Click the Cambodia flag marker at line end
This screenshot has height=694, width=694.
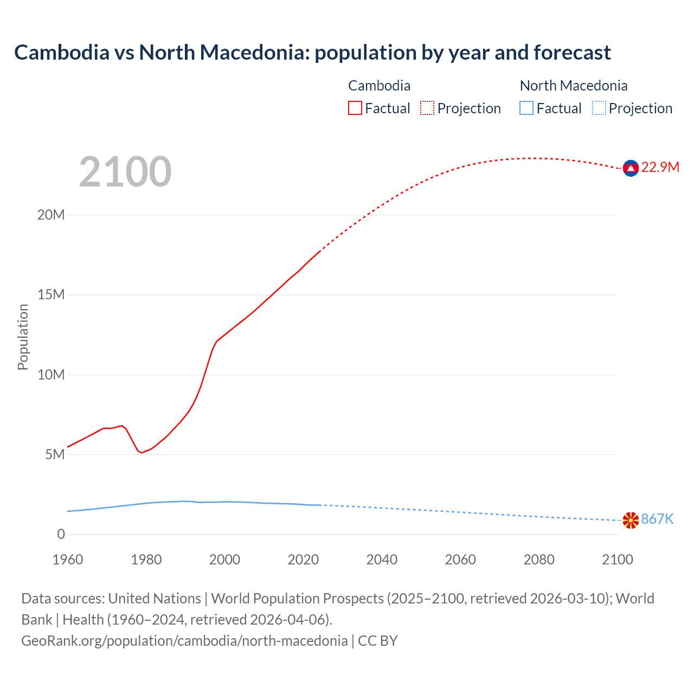coord(631,169)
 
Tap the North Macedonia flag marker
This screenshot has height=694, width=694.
coord(631,520)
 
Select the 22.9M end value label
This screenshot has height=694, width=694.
coord(660,167)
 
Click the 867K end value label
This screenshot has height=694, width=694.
coord(657,519)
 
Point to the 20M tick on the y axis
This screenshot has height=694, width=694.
coord(51,215)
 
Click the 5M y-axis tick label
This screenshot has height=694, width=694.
coord(55,454)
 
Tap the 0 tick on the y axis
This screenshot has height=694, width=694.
coord(61,535)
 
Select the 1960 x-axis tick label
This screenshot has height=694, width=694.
coord(68,560)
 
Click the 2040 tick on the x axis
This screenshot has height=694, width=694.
coord(382,560)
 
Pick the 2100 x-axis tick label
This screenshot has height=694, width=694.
coord(617,560)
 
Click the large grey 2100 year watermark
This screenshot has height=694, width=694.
coord(125,172)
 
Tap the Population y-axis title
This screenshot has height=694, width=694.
coord(23,337)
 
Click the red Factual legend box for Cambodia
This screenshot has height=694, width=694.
coord(355,108)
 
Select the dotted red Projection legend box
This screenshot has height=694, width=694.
coord(427,108)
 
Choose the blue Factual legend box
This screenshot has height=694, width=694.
coord(526,108)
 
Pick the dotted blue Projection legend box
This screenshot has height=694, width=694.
coord(599,108)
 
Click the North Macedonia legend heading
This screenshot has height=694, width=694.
coord(574,86)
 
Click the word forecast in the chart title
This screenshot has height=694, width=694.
coord(572,53)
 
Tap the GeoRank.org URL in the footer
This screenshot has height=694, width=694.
coord(184,641)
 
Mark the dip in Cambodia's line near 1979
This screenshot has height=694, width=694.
coord(142,452)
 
